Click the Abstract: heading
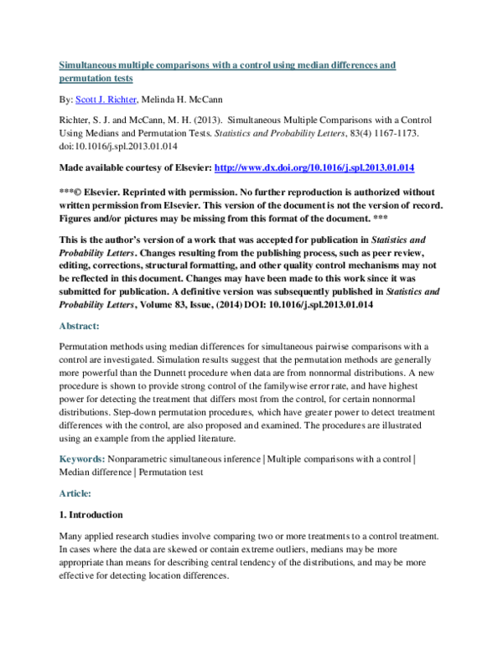(x=80, y=327)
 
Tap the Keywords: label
(x=82, y=460)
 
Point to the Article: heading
(x=76, y=494)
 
